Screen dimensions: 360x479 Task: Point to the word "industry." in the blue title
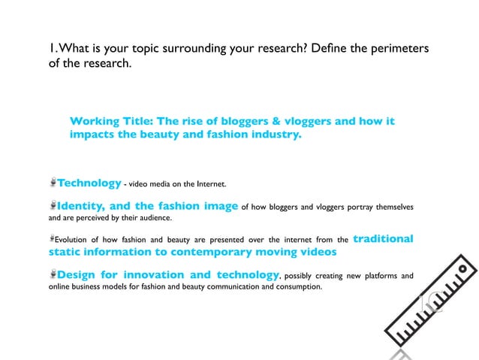[x=270, y=136]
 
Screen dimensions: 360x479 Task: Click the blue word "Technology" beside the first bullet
[x=89, y=183]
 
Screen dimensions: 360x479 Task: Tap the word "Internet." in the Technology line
[x=209, y=184]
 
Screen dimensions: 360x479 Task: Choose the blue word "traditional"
[x=383, y=239]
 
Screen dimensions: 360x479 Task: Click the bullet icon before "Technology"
[x=53, y=183]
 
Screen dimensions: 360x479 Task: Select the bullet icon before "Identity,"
[x=53, y=205]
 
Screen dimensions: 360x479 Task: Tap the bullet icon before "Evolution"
[x=53, y=240]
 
